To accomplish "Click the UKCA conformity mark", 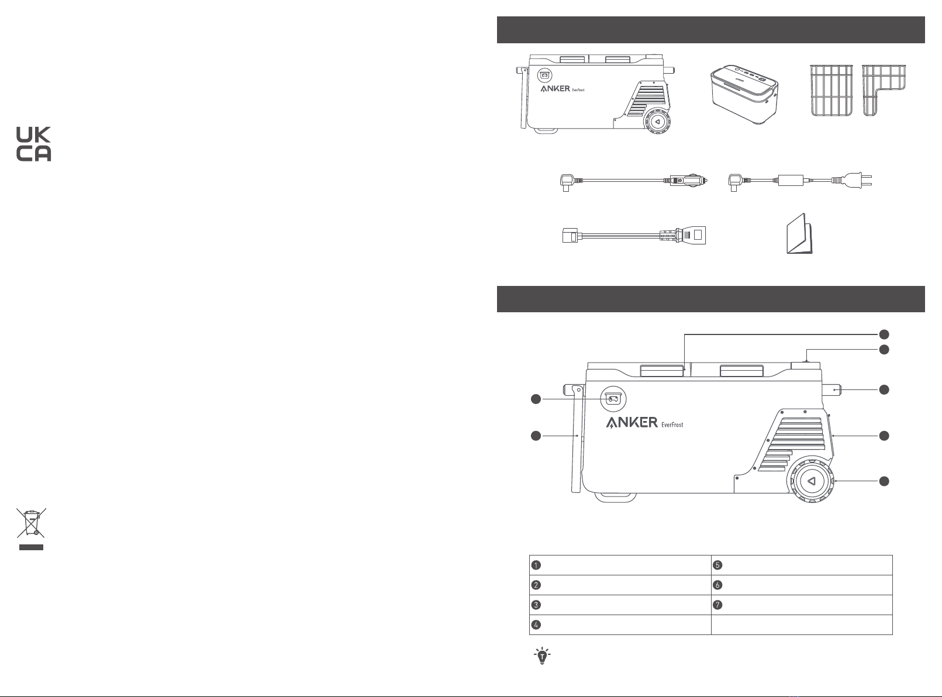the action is (x=33, y=144).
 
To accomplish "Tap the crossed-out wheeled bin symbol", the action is (x=31, y=522).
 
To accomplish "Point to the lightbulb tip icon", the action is (x=542, y=656).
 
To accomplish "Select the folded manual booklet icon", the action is (x=799, y=234).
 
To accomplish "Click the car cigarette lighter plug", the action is (x=688, y=181).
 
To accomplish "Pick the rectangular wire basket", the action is (x=831, y=90).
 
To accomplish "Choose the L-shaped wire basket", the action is (x=884, y=90).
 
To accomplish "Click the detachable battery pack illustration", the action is (x=744, y=94).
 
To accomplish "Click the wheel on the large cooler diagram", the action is (x=810, y=481).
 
